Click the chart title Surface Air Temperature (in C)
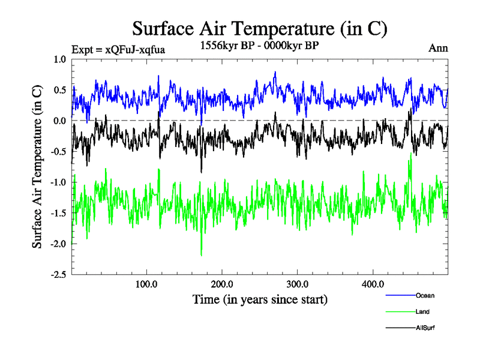tap(260, 28)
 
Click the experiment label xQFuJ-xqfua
tap(118, 49)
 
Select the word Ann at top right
tap(438, 49)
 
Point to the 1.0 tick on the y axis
tap(60, 59)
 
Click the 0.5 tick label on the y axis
tap(60, 90)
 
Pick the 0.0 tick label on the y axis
tap(60, 121)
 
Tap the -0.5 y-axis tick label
tap(58, 151)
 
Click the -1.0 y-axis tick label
tap(58, 182)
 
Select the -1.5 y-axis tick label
tap(58, 213)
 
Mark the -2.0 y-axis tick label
tap(58, 244)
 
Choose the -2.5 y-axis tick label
tap(58, 275)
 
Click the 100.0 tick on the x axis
tap(147, 284)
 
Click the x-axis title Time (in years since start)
tap(260, 299)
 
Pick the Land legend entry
tap(422, 311)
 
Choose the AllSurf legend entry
tap(424, 328)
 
